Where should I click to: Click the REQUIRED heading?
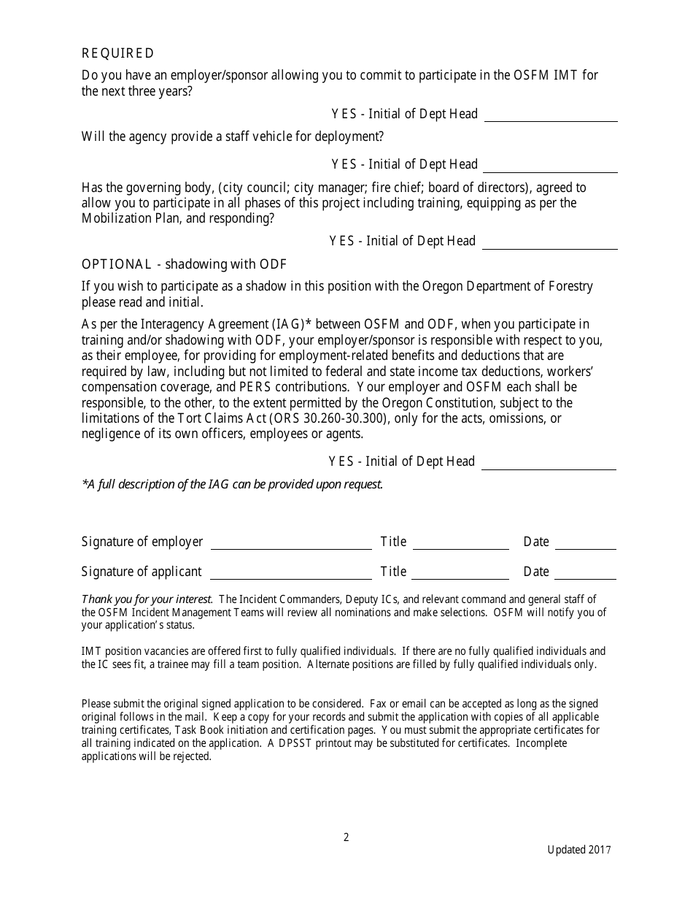point(117,53)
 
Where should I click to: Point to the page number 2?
point(346,837)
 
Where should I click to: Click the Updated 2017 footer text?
point(580,850)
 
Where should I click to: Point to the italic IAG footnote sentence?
point(232,484)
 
